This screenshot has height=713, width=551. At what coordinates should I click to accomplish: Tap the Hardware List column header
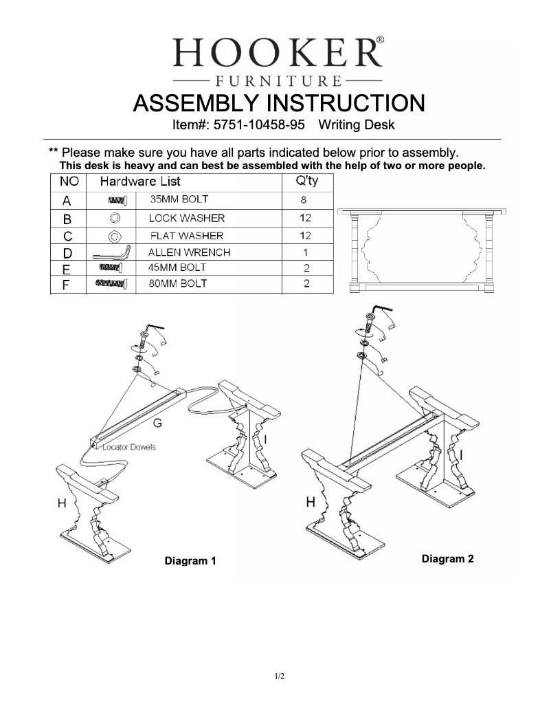pos(140,182)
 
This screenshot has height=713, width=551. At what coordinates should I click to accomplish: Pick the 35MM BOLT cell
pos(179,200)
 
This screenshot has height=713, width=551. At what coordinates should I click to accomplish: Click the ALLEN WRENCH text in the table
pos(189,252)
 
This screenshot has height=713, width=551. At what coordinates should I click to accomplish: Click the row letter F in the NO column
pos(66,284)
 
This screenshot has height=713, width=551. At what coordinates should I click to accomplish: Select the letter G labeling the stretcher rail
pos(157,424)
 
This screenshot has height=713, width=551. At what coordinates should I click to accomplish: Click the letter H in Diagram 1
pos(62,503)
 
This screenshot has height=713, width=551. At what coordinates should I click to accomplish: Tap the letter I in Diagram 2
pos(460,454)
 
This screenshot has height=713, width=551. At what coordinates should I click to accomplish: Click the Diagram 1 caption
pos(190,561)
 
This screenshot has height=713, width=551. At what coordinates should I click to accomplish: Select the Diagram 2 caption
pos(447,558)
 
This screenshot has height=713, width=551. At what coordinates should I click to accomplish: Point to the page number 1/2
pos(280,677)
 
